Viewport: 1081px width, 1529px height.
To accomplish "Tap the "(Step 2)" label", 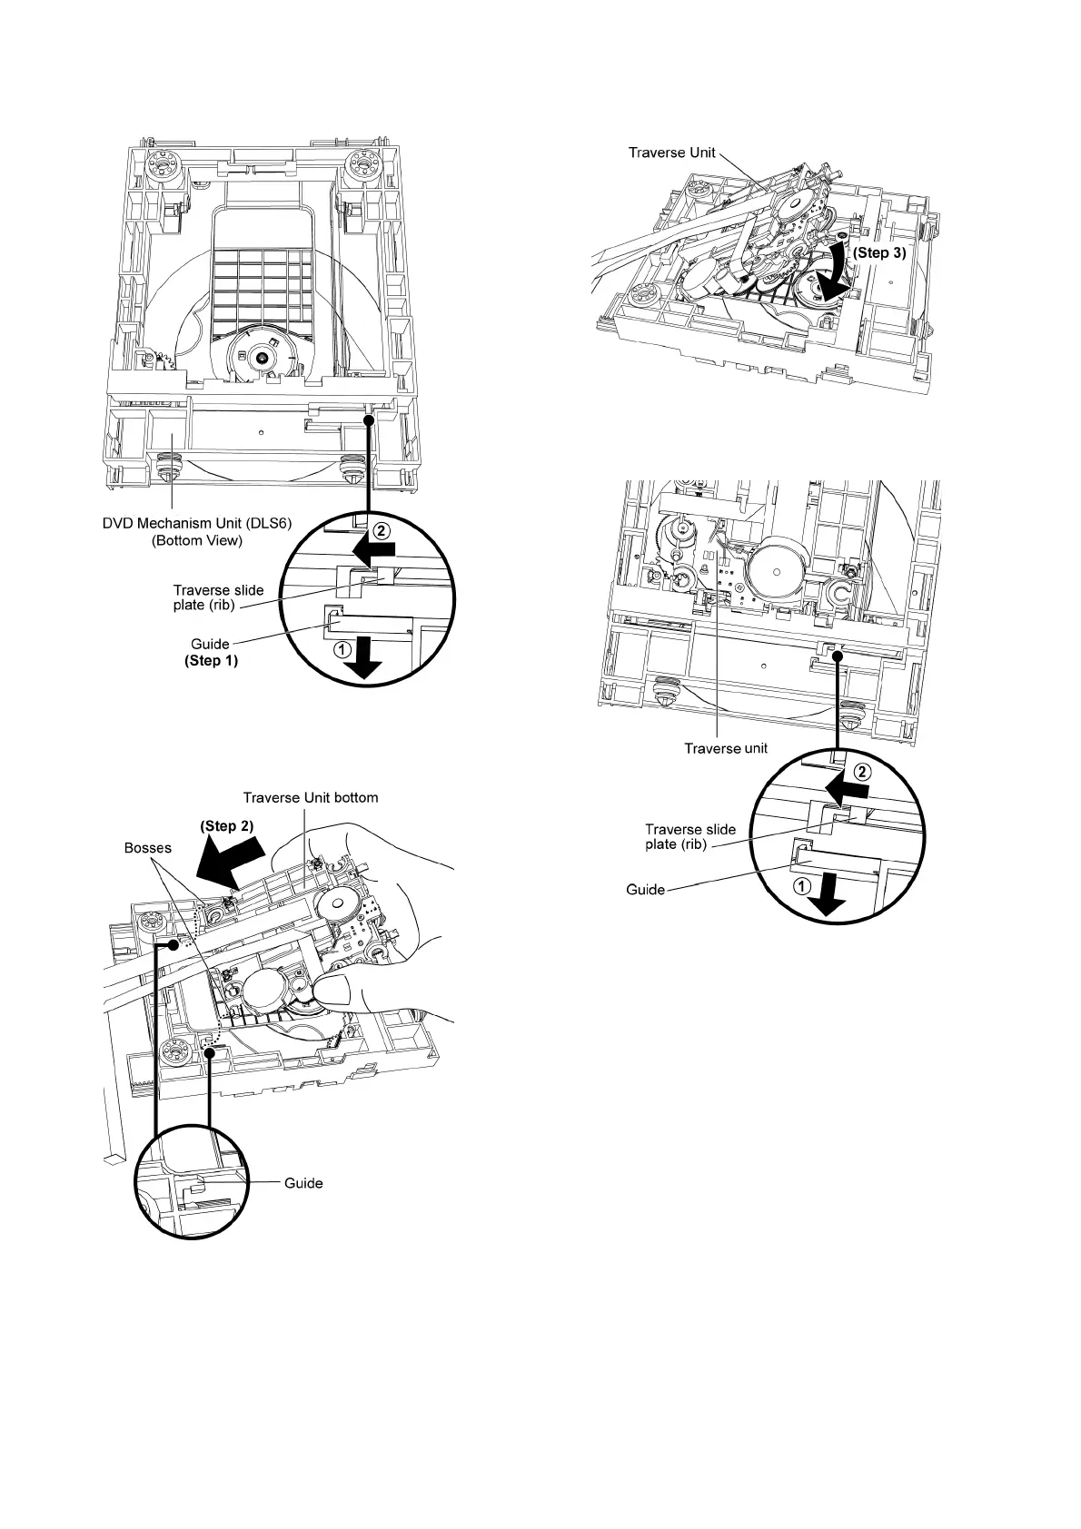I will (x=226, y=826).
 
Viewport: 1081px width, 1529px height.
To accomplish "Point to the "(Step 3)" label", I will (x=878, y=253).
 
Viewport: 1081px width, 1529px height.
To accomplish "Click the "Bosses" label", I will (x=147, y=848).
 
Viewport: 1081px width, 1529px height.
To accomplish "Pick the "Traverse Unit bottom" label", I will (x=311, y=797).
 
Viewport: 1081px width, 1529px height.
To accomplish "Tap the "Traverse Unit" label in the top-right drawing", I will (x=671, y=153).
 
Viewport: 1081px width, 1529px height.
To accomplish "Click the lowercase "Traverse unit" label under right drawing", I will (x=726, y=748).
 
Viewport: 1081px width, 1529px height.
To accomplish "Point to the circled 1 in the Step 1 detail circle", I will (x=342, y=649).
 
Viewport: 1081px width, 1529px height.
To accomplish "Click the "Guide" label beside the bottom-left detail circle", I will (x=303, y=1183).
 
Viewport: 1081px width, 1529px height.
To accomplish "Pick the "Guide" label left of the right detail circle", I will (x=646, y=889).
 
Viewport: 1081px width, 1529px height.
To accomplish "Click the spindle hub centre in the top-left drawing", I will (x=262, y=358).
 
